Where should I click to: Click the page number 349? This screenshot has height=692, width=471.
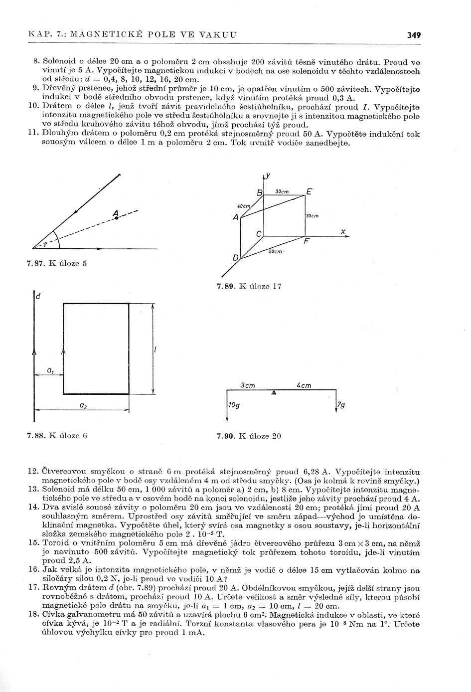(414, 35)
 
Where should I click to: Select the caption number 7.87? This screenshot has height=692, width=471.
(36, 264)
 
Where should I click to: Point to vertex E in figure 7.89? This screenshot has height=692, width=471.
(309, 191)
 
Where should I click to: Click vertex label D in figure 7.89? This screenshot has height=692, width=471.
(235, 258)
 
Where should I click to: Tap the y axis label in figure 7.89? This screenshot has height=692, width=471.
(268, 175)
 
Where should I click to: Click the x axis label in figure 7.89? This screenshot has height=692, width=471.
(343, 231)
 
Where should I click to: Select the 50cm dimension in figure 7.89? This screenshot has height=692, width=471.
(275, 252)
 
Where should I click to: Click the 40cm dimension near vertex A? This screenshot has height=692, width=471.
(243, 206)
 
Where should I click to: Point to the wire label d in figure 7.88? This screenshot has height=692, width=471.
(37, 297)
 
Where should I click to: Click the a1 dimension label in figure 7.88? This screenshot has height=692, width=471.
(50, 370)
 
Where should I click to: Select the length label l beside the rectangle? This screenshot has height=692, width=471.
(156, 350)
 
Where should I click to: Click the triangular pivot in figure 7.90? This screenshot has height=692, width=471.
(273, 393)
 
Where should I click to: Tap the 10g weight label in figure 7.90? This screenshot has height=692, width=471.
(234, 405)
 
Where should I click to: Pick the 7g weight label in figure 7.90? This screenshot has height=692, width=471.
(341, 405)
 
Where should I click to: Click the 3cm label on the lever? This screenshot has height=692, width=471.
(248, 385)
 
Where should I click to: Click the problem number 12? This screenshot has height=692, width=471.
(33, 471)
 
